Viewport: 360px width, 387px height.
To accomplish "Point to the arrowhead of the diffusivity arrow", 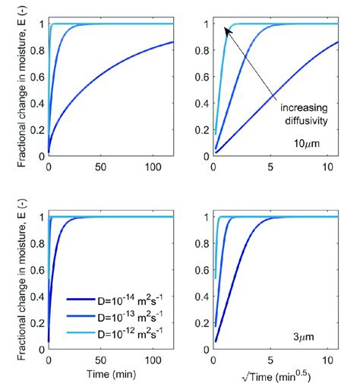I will pos(226,28).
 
